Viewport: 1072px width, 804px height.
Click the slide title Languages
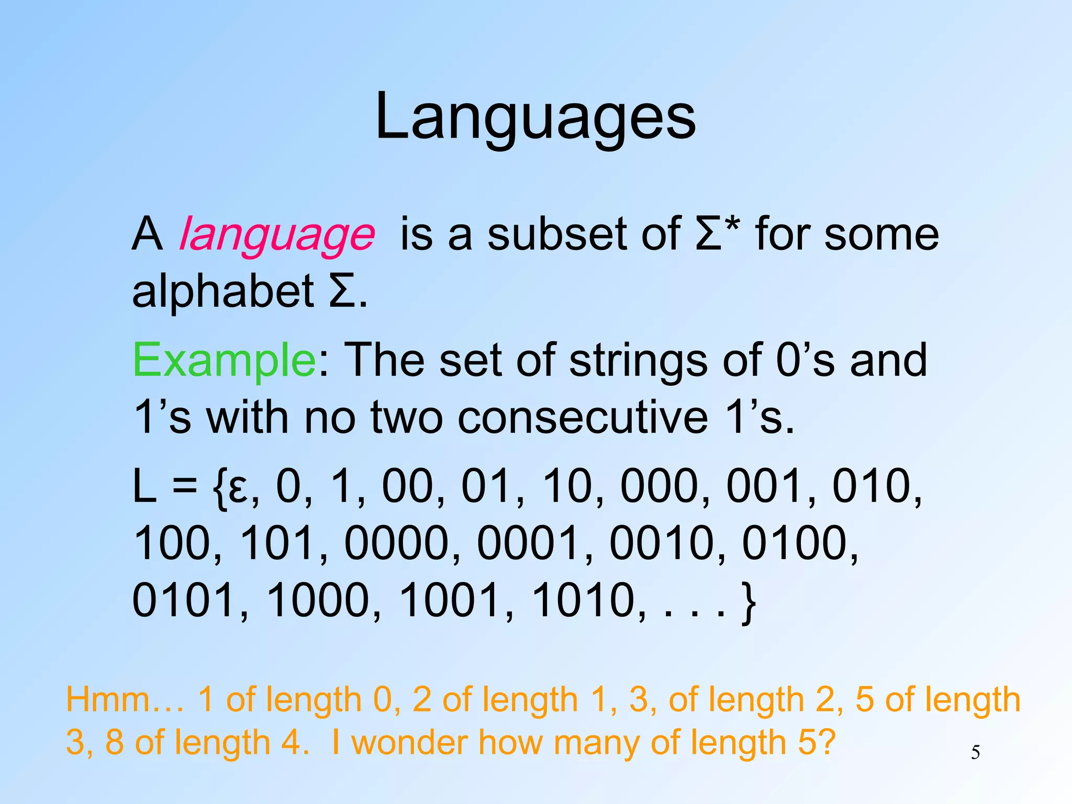click(535, 116)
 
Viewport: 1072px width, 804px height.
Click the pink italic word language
click(277, 234)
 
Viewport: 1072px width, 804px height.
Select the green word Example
click(224, 360)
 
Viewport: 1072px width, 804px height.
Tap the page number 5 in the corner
click(975, 753)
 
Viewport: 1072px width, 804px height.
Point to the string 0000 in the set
click(396, 543)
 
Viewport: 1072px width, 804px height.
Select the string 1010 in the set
click(584, 600)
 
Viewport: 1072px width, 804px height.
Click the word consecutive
click(583, 418)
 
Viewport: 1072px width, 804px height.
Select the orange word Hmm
click(107, 700)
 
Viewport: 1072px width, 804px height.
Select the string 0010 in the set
click(662, 543)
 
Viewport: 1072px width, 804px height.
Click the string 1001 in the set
click(451, 600)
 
